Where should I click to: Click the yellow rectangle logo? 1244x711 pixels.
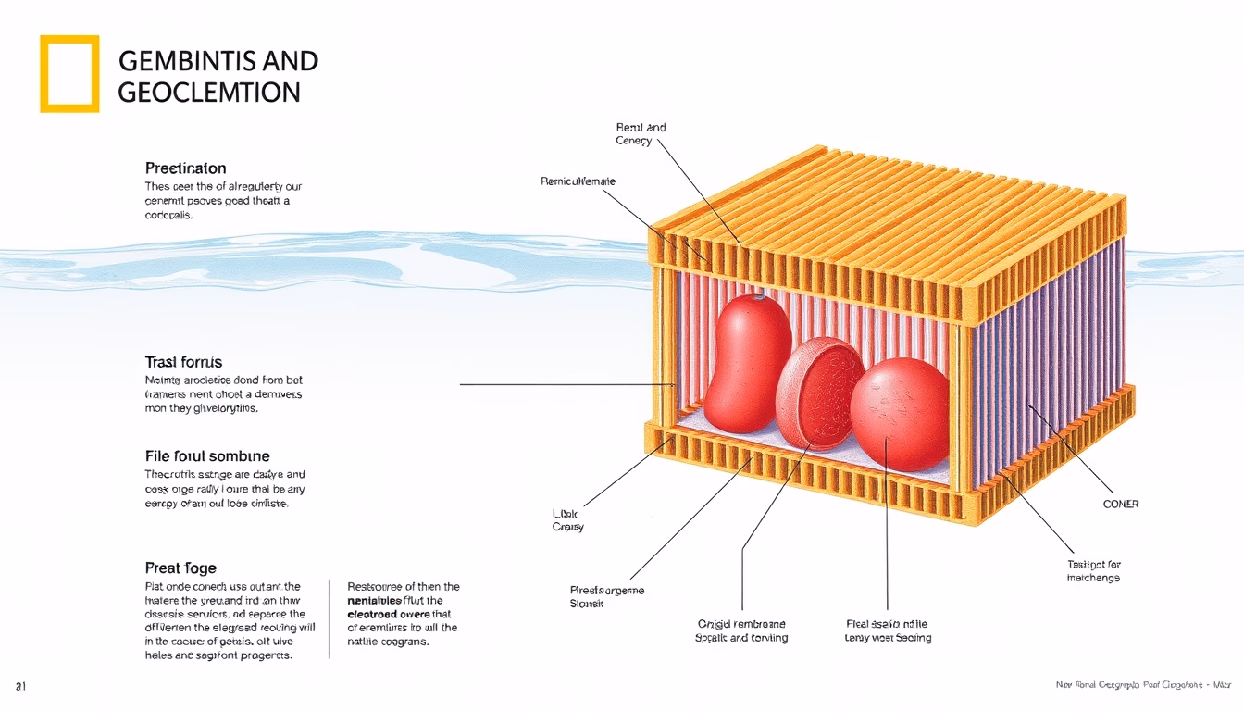(x=69, y=74)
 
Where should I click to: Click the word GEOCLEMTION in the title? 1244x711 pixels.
(x=210, y=93)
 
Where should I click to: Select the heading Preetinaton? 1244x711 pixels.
(x=185, y=168)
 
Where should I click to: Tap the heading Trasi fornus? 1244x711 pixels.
(x=183, y=362)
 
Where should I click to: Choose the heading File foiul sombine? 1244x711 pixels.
(x=207, y=455)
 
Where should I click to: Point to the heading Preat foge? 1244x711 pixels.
(x=180, y=568)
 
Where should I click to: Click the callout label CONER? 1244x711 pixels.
(x=1121, y=505)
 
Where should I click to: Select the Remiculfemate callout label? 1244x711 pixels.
(x=578, y=181)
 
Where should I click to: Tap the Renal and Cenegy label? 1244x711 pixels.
(x=640, y=134)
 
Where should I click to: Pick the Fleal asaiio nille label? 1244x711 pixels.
(x=888, y=630)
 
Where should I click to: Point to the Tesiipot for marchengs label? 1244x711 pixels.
(x=1093, y=571)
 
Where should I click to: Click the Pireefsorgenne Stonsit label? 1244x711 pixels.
(x=607, y=596)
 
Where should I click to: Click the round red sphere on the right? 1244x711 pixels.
(x=899, y=413)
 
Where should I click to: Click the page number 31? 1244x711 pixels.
(x=19, y=685)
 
